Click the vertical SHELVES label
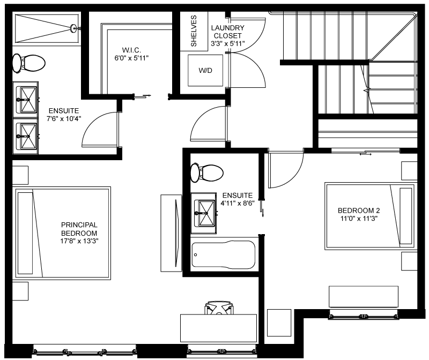tap(194, 31)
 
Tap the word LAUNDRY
tap(228, 28)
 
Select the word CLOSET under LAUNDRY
tap(228, 36)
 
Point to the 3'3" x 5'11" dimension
tap(228, 44)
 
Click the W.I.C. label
tap(131, 50)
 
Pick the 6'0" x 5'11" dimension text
tap(131, 58)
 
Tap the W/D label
tap(205, 71)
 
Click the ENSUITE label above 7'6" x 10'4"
tap(64, 111)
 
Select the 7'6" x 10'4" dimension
tap(64, 119)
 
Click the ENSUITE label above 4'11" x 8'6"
tap(238, 196)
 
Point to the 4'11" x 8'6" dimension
tap(238, 204)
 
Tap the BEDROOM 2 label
tap(359, 211)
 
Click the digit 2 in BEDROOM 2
tap(377, 211)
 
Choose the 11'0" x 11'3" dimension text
tap(359, 219)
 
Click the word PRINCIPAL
tap(79, 225)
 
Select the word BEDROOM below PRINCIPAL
tap(79, 234)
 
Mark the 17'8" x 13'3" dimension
tap(79, 242)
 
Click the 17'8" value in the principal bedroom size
tap(68, 242)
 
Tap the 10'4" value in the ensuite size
tap(72, 119)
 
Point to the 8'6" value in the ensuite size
tap(247, 204)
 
